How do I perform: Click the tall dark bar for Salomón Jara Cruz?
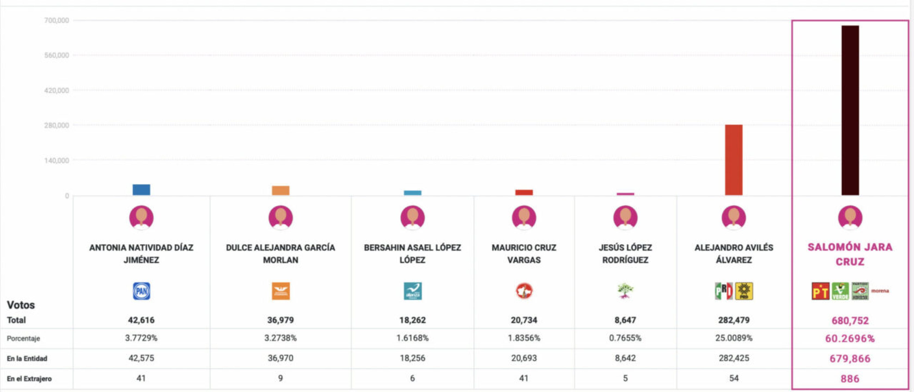[x=850, y=110]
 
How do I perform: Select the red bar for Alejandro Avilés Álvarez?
[x=734, y=160]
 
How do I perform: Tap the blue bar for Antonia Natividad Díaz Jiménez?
[x=141, y=190]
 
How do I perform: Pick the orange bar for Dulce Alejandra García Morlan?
[x=281, y=191]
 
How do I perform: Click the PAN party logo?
[x=141, y=291]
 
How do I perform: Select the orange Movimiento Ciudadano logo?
[x=281, y=291]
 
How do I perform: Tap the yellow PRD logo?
[x=744, y=291]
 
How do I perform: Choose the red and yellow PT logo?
[x=820, y=291]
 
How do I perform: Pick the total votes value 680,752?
[x=850, y=321]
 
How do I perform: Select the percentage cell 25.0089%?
[x=734, y=338]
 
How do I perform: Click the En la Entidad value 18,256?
[x=412, y=358]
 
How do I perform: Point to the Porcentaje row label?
[x=23, y=338]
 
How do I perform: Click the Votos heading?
[x=21, y=305]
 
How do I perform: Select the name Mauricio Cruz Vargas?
[x=524, y=254]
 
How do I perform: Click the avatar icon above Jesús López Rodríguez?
[x=625, y=218]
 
